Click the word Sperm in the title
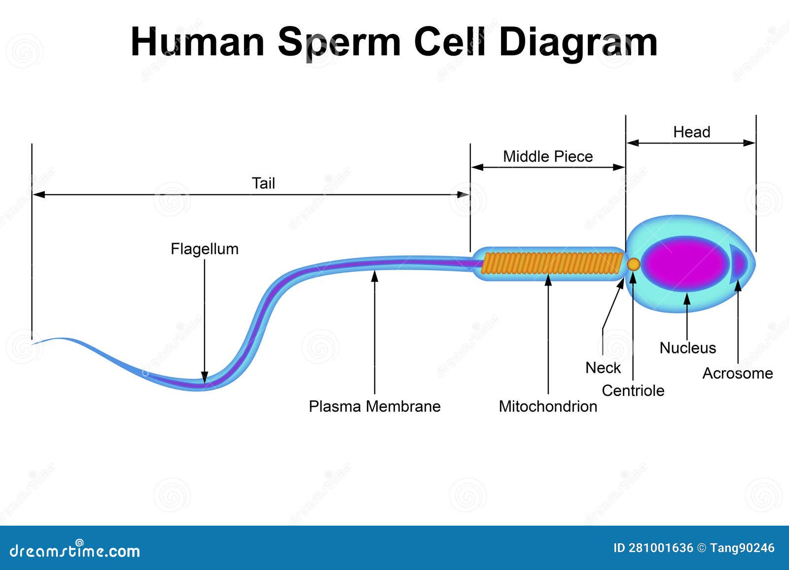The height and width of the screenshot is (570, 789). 339,42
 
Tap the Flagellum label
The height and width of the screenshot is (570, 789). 204,249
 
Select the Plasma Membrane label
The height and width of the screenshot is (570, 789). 374,406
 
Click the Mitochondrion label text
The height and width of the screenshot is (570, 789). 548,406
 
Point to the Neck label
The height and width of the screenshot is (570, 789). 603,368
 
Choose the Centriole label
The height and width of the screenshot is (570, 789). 633,391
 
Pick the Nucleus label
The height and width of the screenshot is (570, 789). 687,348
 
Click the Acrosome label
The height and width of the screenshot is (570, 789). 737,373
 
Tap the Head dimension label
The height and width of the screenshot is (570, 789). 691,132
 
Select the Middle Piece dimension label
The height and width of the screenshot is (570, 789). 547,156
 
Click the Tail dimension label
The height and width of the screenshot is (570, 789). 263,183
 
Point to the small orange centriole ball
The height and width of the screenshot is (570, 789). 634,265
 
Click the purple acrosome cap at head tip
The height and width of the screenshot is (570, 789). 739,263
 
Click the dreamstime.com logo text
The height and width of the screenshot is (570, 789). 75,550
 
